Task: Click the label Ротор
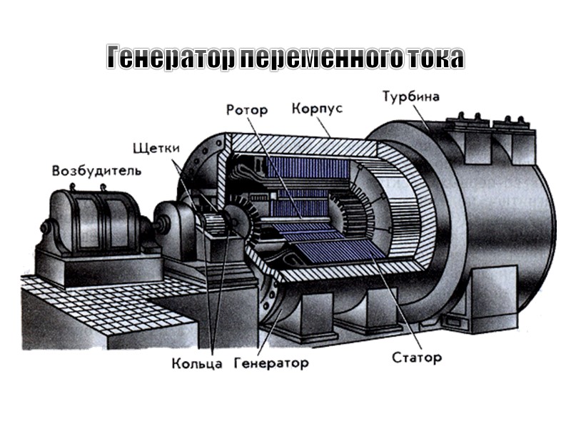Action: (247, 110)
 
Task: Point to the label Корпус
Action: (317, 109)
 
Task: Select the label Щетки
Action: (156, 148)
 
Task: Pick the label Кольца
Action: (192, 363)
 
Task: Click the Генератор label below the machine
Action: (271, 363)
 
